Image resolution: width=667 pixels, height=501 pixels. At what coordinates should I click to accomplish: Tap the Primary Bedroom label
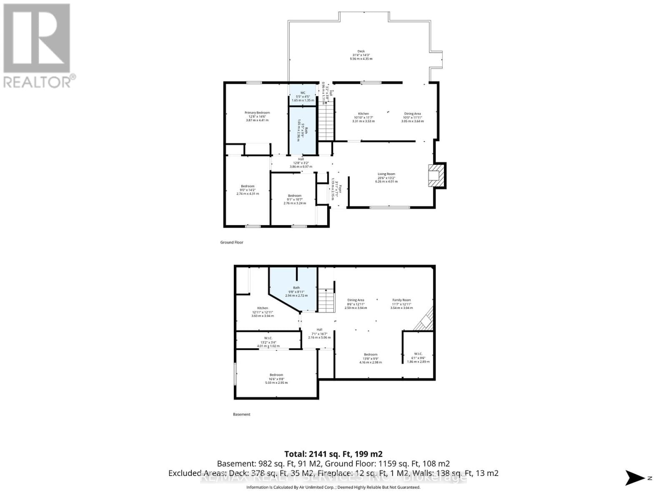tap(257, 113)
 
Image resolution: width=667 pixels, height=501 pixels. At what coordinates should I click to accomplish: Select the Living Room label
tap(386, 174)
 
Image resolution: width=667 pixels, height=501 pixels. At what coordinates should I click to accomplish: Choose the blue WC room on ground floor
tap(303, 96)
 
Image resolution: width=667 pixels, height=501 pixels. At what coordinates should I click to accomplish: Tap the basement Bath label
tap(296, 288)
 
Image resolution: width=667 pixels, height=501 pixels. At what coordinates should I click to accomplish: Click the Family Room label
tap(401, 300)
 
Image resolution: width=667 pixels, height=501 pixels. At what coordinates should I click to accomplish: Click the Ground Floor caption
tap(232, 243)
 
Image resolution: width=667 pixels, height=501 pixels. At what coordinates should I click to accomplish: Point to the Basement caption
tap(241, 415)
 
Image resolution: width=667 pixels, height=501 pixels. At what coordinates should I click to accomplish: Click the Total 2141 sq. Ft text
tap(333, 454)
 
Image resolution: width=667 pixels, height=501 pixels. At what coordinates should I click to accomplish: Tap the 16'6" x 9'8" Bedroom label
tap(276, 375)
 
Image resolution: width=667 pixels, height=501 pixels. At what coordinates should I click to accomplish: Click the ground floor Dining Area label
tap(412, 114)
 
